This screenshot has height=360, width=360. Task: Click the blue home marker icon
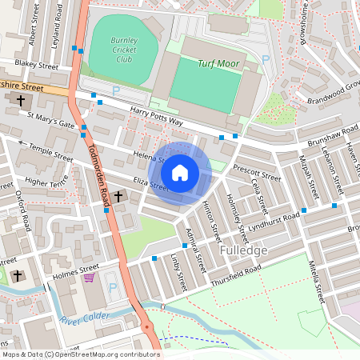pyautogui.click(x=180, y=172)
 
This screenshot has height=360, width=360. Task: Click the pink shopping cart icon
pyautogui.click(x=90, y=278)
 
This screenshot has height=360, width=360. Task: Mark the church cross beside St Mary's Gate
pyautogui.click(x=19, y=101)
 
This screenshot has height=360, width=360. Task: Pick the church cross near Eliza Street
pyautogui.click(x=118, y=196)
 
